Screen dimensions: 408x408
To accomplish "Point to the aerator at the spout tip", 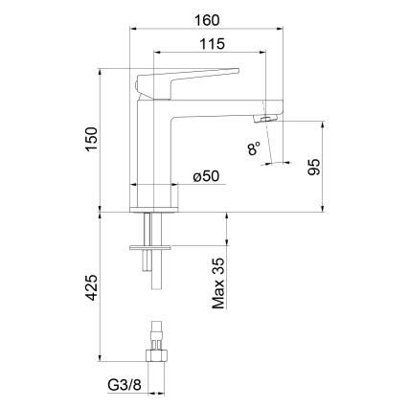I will click(x=263, y=117).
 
